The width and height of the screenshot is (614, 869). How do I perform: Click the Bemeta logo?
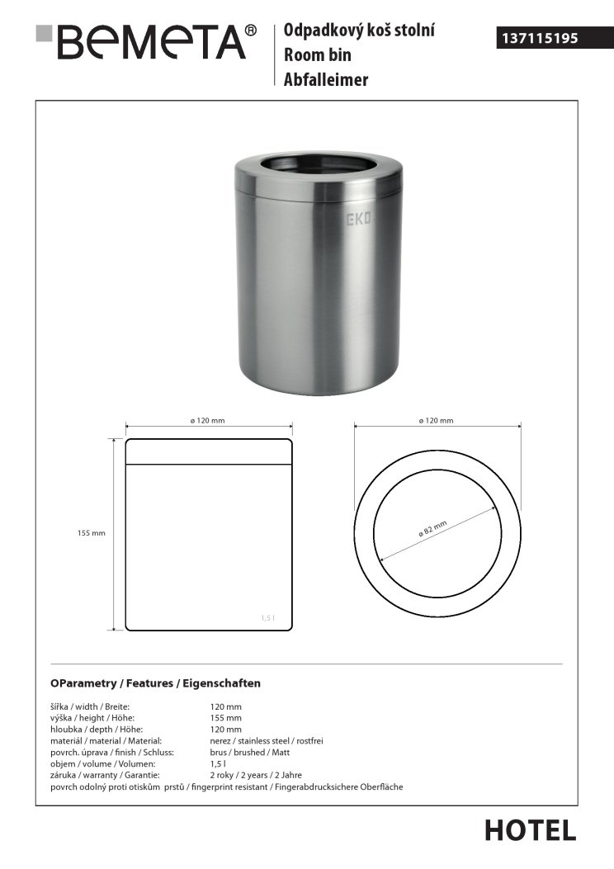(x=140, y=41)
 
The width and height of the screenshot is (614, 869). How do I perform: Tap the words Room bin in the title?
(x=318, y=55)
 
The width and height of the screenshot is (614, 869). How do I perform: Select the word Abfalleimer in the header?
(x=326, y=79)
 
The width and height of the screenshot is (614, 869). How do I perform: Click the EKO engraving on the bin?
(x=357, y=220)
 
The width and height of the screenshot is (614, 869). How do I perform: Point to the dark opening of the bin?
(x=318, y=165)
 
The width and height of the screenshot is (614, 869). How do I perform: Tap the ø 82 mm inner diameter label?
(x=432, y=528)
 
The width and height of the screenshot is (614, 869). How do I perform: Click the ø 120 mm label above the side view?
(x=207, y=421)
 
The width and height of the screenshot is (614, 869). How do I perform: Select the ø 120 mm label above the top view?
(x=437, y=421)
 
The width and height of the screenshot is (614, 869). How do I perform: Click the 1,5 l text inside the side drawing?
(x=267, y=618)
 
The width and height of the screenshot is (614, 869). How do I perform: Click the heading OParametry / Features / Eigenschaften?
(x=156, y=683)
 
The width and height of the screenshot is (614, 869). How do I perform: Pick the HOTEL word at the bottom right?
(x=530, y=830)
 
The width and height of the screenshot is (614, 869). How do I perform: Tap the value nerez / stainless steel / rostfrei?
(x=267, y=741)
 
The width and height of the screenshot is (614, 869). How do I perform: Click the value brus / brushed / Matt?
(x=250, y=753)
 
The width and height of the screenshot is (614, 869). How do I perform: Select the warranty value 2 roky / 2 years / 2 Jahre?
(x=257, y=776)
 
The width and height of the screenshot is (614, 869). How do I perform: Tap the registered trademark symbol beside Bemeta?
(x=251, y=31)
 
